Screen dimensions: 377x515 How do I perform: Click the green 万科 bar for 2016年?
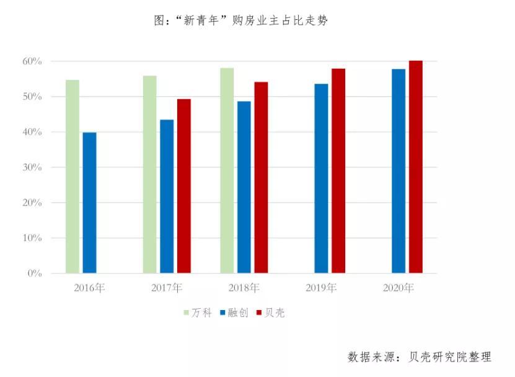point(73,177)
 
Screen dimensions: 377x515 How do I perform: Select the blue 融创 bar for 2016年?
point(90,203)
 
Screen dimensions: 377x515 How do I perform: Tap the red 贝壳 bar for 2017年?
point(184,186)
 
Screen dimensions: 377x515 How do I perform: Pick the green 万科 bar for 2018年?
point(227,171)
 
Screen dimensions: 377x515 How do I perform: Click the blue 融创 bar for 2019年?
point(321,179)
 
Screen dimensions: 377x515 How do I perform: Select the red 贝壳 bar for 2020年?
point(415,167)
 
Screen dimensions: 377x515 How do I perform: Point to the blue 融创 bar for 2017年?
point(167,197)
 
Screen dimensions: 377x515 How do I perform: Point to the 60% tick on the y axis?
point(32,61)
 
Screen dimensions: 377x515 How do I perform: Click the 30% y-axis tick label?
point(32,167)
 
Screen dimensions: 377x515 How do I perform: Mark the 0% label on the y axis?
point(35,273)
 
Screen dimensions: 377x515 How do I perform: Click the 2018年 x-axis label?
point(244,288)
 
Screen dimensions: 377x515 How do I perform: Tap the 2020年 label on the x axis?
point(398,288)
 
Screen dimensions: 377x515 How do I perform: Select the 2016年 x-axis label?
point(90,288)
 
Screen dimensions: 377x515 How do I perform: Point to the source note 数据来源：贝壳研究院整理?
point(420,357)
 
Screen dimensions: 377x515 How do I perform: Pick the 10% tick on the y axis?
point(32,238)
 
